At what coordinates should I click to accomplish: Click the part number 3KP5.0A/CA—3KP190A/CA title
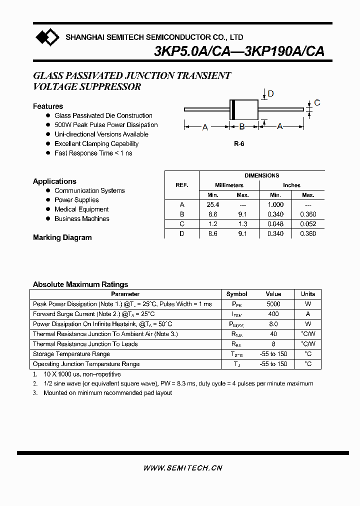pos(239,51)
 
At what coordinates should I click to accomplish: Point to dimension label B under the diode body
pos(242,127)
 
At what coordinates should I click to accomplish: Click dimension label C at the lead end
pos(317,103)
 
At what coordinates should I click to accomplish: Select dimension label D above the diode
pos(270,93)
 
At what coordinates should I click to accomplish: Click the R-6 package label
pos(239,144)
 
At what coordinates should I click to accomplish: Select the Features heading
pos(48,106)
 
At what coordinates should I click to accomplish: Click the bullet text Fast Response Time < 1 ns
pos(93,153)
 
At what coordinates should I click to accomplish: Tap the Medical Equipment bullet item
pos(81,209)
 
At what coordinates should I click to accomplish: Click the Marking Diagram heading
pos(62,237)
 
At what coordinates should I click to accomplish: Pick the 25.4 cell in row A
pos(212,204)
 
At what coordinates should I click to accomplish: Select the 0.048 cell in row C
pos(275,224)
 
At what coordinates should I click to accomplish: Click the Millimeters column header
pos(229,185)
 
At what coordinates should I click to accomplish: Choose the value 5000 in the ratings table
pos(273,304)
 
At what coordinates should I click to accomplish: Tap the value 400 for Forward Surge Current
pos(273,314)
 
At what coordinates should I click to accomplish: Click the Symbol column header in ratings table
pos(236,294)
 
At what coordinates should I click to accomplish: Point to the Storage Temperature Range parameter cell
pos(71,354)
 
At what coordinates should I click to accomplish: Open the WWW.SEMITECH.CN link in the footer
pos(182,468)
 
